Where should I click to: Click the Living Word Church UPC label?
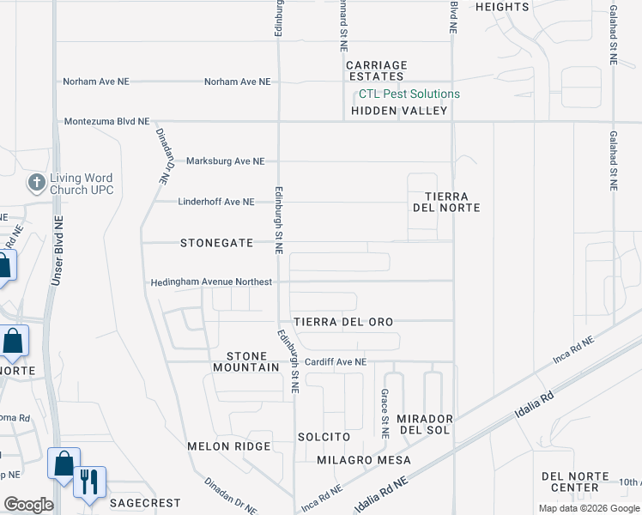(81, 184)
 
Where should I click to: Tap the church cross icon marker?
(36, 182)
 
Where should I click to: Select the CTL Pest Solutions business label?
(409, 94)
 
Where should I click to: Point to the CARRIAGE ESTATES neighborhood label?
(376, 70)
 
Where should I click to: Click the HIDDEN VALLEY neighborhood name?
(399, 111)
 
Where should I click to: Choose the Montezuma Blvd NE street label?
(106, 122)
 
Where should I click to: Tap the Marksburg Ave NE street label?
(226, 161)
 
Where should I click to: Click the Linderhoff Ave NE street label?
(216, 202)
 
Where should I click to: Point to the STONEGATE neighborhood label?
(216, 243)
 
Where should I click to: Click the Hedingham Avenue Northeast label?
(211, 282)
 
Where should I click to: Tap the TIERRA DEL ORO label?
(343, 322)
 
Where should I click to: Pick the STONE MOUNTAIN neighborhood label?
(252, 361)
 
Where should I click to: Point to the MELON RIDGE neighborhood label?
(229, 446)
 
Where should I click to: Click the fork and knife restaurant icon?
(89, 482)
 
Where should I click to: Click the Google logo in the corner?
(28, 505)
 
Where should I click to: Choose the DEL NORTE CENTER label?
(575, 482)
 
